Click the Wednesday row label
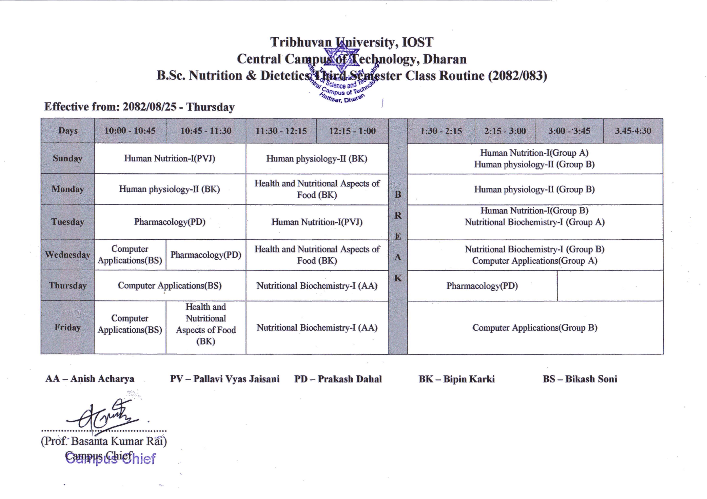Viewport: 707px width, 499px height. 67,255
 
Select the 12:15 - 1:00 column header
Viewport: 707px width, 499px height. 352,131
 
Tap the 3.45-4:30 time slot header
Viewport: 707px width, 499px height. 633,131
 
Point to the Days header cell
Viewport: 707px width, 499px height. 68,131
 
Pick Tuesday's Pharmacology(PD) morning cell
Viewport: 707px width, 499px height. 170,222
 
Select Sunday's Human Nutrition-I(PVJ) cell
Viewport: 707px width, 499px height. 170,159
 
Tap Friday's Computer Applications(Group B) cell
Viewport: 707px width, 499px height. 535,327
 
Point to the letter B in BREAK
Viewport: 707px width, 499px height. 398,195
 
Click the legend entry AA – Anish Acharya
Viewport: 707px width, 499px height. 90,378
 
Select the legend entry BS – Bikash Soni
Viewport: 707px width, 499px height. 580,379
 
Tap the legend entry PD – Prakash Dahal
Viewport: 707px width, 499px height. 338,379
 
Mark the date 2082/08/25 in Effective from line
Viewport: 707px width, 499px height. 150,107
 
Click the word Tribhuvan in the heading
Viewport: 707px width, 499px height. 301,42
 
